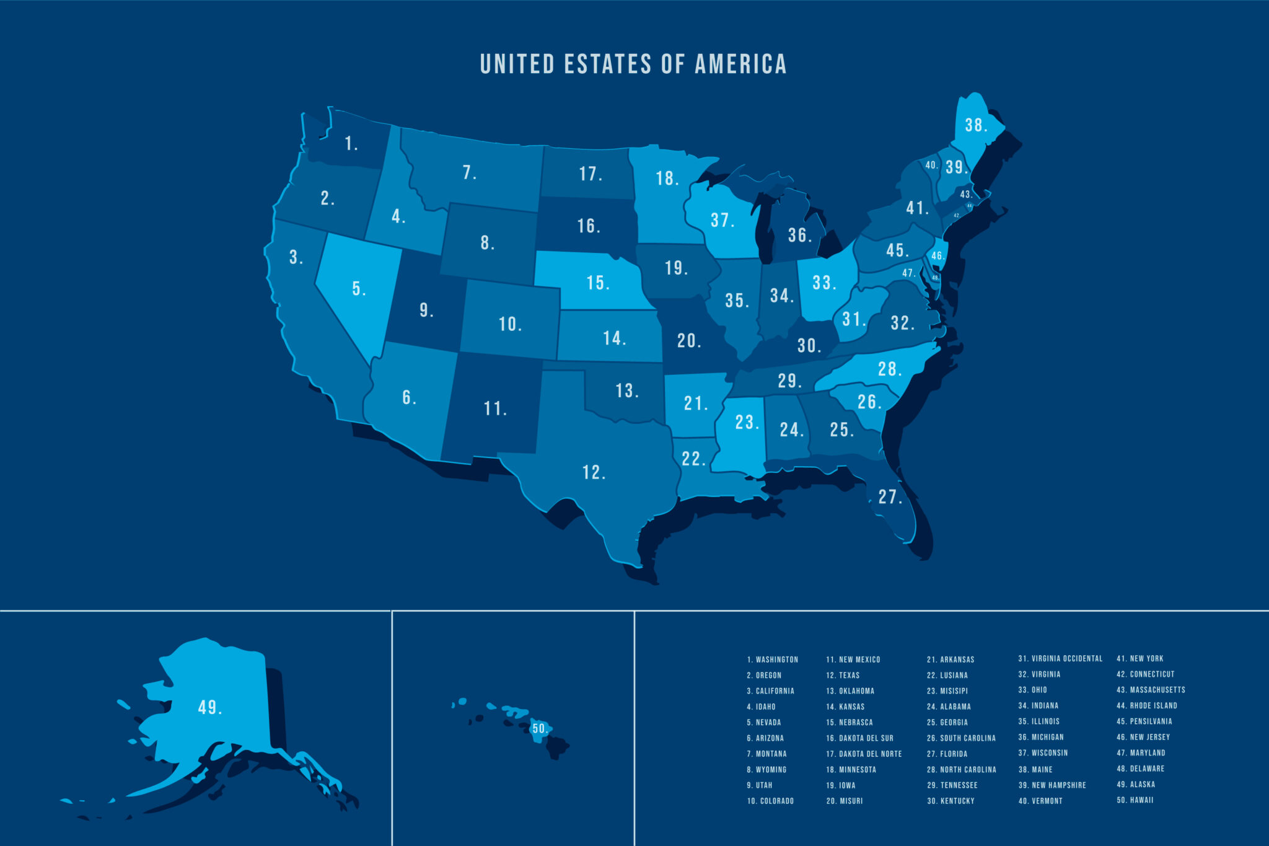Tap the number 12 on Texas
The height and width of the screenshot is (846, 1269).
[x=593, y=472]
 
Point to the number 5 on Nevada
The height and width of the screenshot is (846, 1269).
[x=358, y=289]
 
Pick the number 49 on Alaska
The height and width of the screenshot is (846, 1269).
[x=209, y=707]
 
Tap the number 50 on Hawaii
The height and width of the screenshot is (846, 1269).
[x=540, y=729]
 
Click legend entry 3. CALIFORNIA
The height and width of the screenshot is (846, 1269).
[x=770, y=691]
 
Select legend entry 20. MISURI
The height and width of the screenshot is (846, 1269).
[x=844, y=801]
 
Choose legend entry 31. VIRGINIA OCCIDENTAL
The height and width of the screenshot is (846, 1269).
[x=1060, y=659]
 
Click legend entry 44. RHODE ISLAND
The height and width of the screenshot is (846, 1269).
[x=1146, y=706]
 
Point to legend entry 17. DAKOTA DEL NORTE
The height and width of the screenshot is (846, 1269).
[x=864, y=754]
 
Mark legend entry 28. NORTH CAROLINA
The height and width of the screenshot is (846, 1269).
[x=961, y=770]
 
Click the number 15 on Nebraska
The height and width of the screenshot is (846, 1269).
[x=597, y=283]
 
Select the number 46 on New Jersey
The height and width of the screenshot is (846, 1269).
[x=937, y=256]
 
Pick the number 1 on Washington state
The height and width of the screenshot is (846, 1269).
[x=351, y=144]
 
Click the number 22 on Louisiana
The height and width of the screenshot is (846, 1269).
[x=693, y=459]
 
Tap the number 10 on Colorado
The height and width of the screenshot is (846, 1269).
[x=509, y=324]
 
